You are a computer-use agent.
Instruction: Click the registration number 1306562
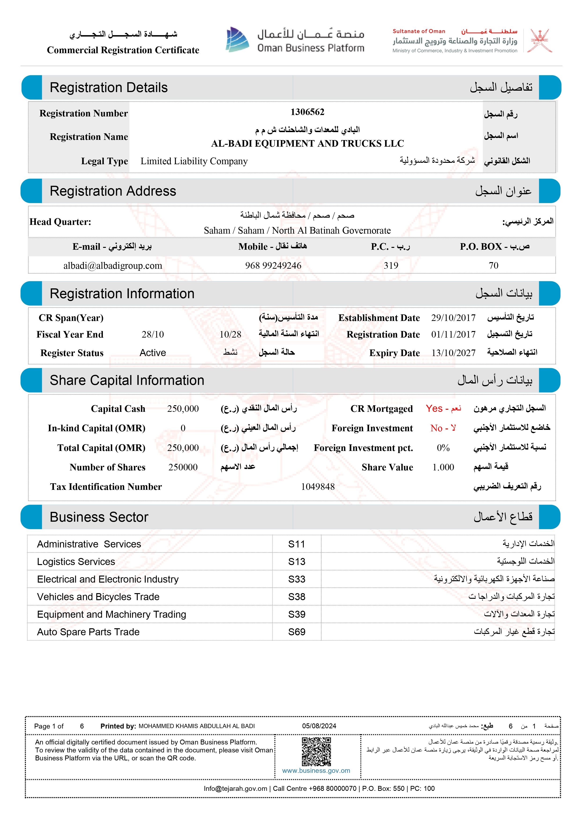point(307,112)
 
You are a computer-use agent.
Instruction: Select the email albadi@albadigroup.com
point(113,266)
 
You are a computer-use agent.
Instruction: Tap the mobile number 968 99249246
point(273,266)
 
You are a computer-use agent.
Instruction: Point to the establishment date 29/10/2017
point(453,318)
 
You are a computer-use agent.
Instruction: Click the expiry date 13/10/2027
point(453,353)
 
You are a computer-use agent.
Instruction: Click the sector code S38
point(297,597)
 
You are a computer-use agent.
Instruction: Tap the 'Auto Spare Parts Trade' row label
point(88,632)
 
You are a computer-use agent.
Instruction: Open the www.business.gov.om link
point(316,771)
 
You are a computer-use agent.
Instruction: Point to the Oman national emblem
point(541,41)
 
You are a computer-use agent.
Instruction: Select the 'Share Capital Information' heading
point(127,381)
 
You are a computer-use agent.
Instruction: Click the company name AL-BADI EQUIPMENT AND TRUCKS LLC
point(307,144)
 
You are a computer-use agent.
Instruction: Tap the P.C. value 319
point(391,266)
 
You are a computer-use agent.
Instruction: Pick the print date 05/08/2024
point(319,726)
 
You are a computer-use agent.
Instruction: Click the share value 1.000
point(443,467)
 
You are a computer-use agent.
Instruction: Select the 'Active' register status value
point(153,353)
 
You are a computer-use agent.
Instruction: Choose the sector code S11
point(297,544)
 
